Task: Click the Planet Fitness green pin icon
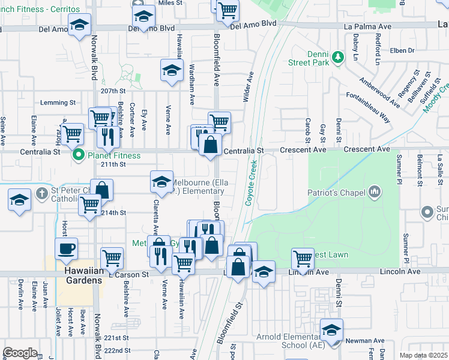[x=78, y=156]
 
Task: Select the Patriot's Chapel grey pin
[x=375, y=191]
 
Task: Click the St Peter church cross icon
[x=41, y=193]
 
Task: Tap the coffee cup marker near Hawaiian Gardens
[x=66, y=248]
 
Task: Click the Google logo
[x=20, y=353]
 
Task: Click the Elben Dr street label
[x=402, y=50]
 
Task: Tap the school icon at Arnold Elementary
[x=331, y=329]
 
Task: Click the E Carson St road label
[x=128, y=274]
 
